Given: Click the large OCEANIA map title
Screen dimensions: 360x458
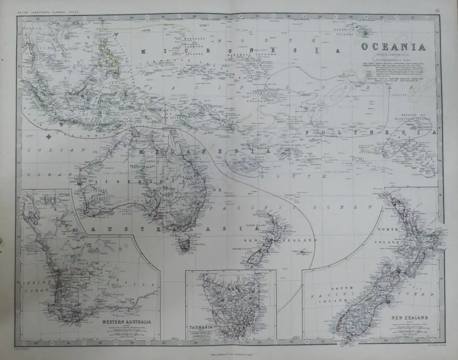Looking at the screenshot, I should pyautogui.click(x=393, y=47).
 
